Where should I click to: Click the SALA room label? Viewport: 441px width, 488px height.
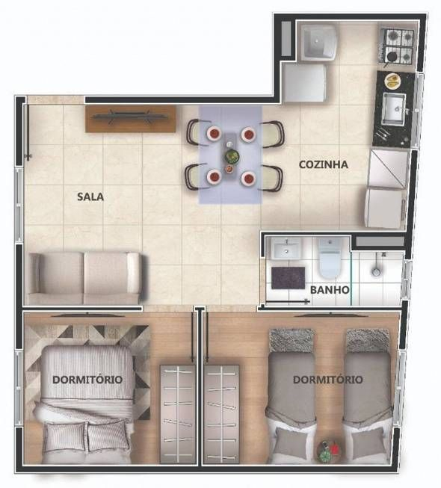click(x=90, y=197)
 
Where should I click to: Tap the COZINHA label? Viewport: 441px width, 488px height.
click(x=324, y=164)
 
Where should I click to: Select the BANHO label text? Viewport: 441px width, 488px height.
click(x=330, y=290)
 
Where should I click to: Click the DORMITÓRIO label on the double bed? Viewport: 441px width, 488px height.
click(x=87, y=380)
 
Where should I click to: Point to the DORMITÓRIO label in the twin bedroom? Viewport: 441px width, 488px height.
click(x=328, y=380)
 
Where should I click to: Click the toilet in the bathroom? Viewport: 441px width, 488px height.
click(x=330, y=259)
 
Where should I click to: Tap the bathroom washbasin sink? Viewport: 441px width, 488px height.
click(x=286, y=248)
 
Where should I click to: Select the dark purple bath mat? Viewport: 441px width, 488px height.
click(x=289, y=277)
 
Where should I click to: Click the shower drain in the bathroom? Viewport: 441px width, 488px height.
click(x=376, y=272)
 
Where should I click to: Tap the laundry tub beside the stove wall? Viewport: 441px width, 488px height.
click(x=318, y=42)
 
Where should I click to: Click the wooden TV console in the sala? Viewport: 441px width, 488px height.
click(x=130, y=119)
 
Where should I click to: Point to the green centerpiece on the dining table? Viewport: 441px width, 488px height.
click(x=231, y=156)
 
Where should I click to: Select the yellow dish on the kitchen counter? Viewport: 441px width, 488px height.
click(x=392, y=81)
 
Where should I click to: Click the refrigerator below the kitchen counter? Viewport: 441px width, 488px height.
click(x=386, y=208)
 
